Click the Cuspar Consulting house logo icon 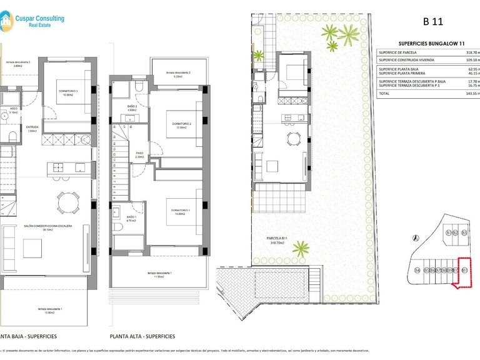6,21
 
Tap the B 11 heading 432,21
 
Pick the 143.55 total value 472,92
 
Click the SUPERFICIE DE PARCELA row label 398,53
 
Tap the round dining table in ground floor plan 68,202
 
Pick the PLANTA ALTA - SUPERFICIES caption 142,336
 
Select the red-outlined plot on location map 464,273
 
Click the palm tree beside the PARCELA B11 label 301,249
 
